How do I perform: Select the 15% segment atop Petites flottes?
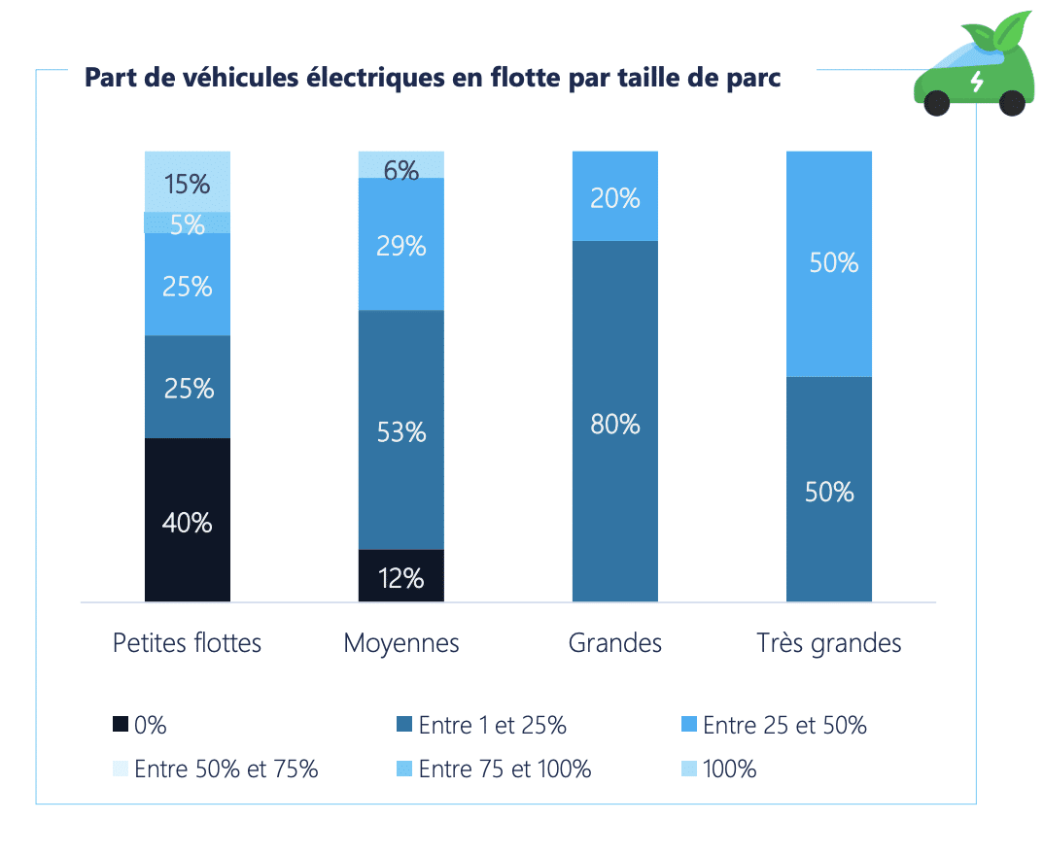pos(188,182)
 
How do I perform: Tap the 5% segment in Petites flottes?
pos(188,223)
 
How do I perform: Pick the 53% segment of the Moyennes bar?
pos(401,429)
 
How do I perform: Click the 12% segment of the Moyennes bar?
pos(401,576)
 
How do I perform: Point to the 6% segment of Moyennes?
pos(401,165)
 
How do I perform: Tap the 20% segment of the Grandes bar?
pos(615,196)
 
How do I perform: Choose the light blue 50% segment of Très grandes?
pos(829,263)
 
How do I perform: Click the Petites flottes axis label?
pos(188,643)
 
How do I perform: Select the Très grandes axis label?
pos(829,643)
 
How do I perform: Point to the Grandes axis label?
pos(615,643)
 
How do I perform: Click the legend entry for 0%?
pos(140,725)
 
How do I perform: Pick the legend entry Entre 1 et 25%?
pos(482,725)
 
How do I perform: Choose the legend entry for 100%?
pos(719,769)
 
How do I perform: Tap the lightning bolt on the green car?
pos(977,81)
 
